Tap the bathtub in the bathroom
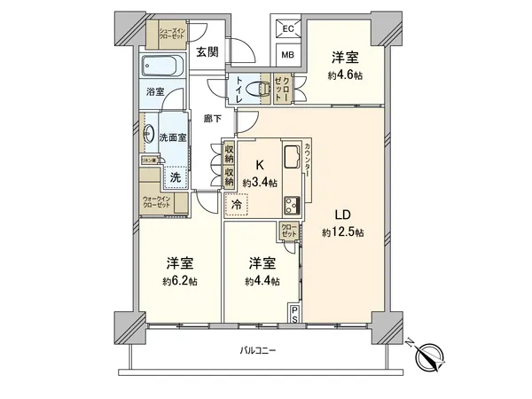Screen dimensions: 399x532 click(162, 65)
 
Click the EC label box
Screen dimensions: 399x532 click(288, 29)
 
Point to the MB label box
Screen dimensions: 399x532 click(288, 55)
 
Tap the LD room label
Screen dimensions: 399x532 click(343, 214)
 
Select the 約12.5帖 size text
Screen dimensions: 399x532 click(343, 232)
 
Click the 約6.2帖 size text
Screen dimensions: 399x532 click(180, 283)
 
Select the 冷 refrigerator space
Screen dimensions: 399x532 click(236, 205)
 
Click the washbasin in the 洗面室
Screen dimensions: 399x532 click(150, 136)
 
